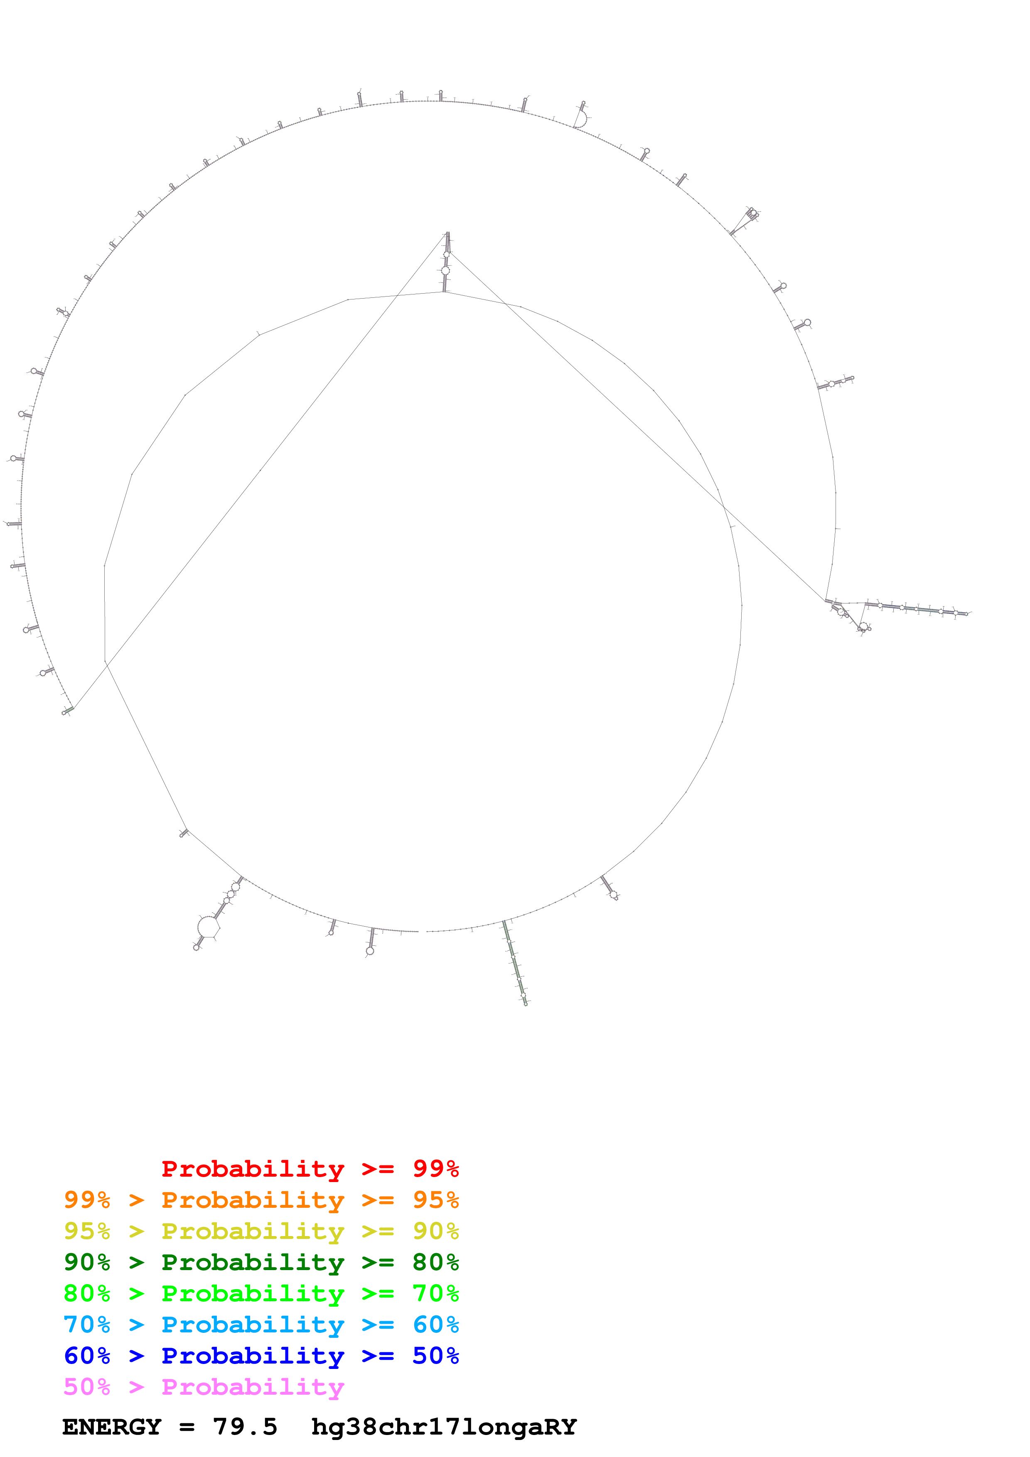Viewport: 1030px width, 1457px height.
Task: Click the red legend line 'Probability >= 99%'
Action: coord(310,1169)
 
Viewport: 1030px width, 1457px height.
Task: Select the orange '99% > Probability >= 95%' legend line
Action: coord(261,1200)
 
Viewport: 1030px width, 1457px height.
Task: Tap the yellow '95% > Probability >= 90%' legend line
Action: coord(261,1231)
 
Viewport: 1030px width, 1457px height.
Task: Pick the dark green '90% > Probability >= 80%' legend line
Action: coord(261,1262)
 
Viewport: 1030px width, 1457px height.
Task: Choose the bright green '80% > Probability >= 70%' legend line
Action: coord(261,1293)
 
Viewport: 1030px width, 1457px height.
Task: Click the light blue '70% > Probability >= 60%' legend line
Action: coord(261,1325)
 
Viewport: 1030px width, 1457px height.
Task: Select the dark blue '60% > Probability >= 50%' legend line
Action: coord(261,1356)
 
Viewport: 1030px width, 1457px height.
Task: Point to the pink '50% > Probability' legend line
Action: coord(204,1386)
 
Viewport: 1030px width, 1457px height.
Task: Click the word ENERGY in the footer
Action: coord(112,1427)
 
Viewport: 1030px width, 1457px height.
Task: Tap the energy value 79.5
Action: coord(245,1427)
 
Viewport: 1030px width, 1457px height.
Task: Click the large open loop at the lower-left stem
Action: coord(208,927)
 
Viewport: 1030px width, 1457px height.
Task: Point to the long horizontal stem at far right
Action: coord(917,609)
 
